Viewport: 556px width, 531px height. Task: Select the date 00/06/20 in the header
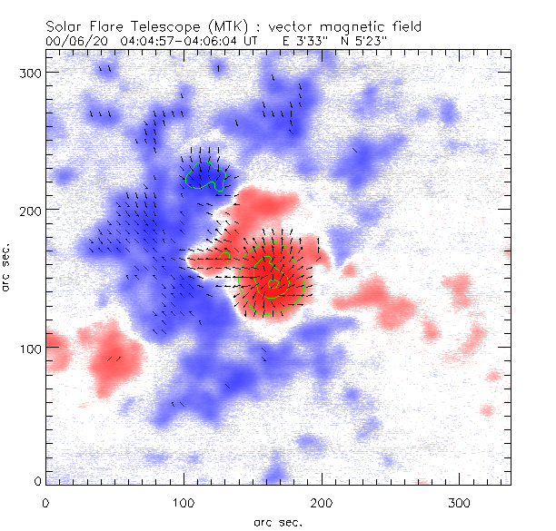(74, 42)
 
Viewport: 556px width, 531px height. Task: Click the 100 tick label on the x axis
(184, 501)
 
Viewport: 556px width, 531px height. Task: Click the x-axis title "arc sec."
(278, 521)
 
